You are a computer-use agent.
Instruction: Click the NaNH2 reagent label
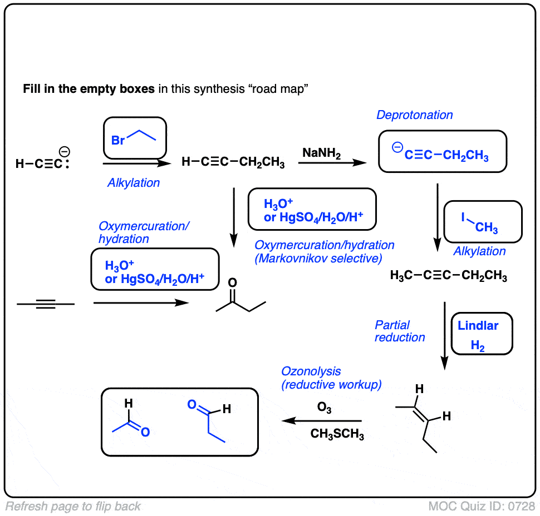point(322,152)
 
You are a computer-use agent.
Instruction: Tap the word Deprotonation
point(414,115)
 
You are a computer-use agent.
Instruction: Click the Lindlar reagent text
point(478,326)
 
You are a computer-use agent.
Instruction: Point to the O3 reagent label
point(324,409)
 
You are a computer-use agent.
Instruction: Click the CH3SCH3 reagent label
point(337,435)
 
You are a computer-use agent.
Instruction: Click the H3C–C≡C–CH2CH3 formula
point(448,276)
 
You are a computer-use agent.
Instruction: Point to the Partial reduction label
point(399,331)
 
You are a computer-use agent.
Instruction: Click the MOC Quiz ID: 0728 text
point(482,507)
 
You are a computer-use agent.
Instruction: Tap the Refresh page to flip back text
point(73,507)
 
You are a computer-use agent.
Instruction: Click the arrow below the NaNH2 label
point(332,163)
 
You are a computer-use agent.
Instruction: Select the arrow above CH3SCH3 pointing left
point(322,421)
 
